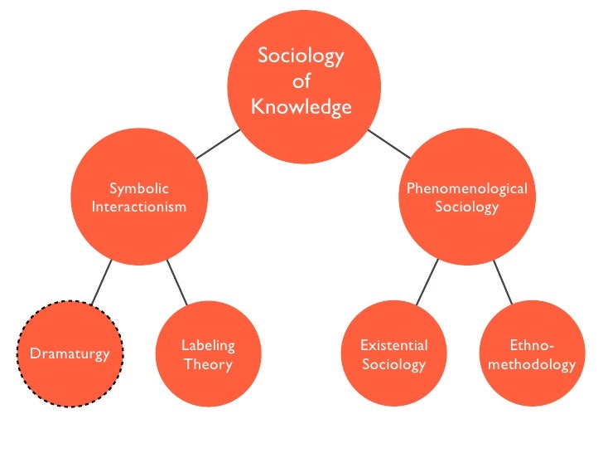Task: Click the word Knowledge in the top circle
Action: (301, 108)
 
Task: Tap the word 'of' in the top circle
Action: (301, 82)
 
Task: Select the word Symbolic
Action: (139, 189)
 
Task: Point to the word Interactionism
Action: (139, 207)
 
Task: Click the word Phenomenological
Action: (466, 189)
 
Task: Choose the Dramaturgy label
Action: (70, 354)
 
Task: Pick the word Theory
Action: (208, 364)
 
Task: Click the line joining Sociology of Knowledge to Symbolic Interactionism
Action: (218, 144)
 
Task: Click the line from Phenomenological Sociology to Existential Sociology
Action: (426, 280)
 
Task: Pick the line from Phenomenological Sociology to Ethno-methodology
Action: (502, 280)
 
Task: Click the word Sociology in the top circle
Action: (301, 56)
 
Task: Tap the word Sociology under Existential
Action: (394, 364)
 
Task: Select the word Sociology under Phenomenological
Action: (466, 207)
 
